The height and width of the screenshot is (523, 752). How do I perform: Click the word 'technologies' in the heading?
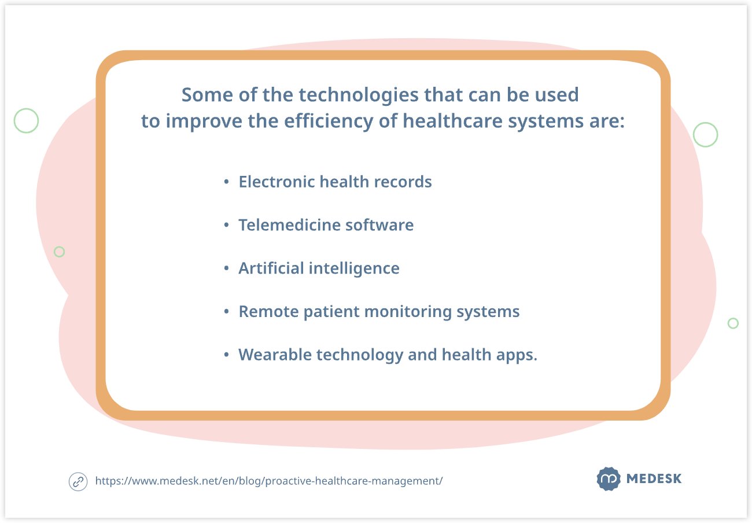[359, 95]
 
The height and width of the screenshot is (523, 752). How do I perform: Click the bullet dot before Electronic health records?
[226, 182]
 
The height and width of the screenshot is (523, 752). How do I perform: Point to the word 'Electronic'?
[277, 182]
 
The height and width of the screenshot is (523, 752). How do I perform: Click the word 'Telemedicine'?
[289, 224]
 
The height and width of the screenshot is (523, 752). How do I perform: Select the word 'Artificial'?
[271, 268]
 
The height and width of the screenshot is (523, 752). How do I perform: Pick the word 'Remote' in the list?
[268, 311]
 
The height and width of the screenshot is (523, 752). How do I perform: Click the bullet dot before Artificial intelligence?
[226, 268]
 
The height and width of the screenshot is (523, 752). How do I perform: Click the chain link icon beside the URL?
[78, 482]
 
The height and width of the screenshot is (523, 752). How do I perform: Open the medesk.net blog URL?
[269, 481]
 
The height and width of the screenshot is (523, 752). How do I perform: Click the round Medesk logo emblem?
[609, 478]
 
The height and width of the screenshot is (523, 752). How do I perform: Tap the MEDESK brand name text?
[654, 478]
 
